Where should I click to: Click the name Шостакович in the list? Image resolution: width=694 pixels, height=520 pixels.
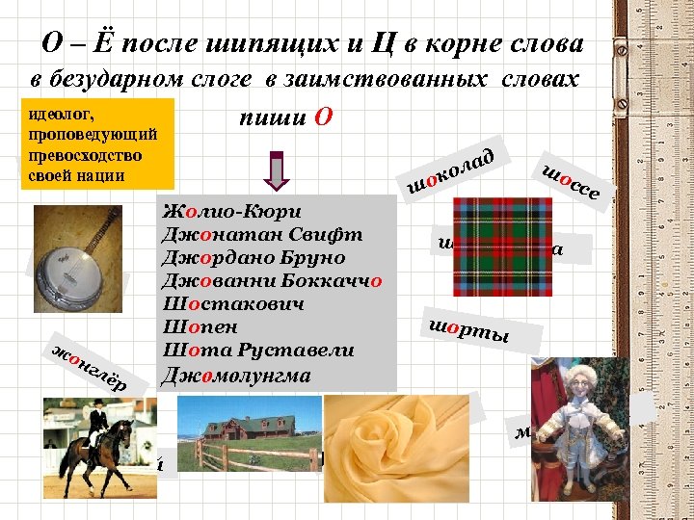pyautogui.click(x=235, y=304)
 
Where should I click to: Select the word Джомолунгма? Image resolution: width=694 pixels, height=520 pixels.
pyautogui.click(x=238, y=374)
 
